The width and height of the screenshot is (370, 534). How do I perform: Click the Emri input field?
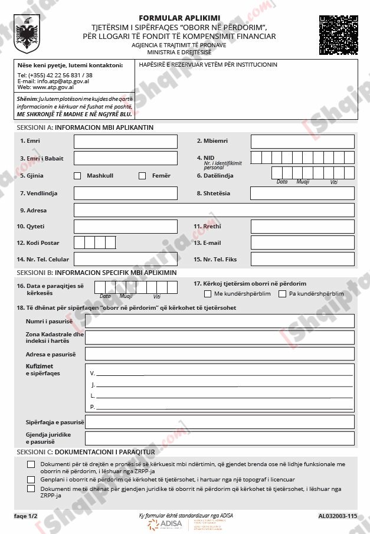(x=125, y=142)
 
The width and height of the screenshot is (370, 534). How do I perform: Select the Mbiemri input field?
(x=302, y=142)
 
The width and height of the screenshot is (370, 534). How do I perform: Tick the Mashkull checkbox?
(x=77, y=176)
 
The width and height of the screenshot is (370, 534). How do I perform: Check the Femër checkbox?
(x=142, y=176)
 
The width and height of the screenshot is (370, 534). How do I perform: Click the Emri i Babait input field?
(x=125, y=158)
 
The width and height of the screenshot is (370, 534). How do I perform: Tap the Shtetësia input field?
(x=302, y=194)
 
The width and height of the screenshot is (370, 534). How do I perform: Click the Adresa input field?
(x=214, y=210)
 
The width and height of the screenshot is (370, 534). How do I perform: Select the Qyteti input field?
(x=125, y=227)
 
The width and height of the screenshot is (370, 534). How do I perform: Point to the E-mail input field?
(x=302, y=243)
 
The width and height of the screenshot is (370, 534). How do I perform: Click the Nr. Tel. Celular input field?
(x=125, y=259)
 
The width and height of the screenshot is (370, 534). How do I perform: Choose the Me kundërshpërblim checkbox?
(x=208, y=294)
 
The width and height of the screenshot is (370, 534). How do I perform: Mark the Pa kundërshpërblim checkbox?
(x=283, y=294)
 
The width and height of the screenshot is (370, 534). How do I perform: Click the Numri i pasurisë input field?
(x=220, y=321)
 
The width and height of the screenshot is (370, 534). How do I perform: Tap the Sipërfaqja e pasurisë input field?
(x=220, y=422)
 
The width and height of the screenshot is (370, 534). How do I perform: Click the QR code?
(x=339, y=34)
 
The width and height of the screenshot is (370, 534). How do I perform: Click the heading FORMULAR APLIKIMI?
(x=179, y=18)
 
